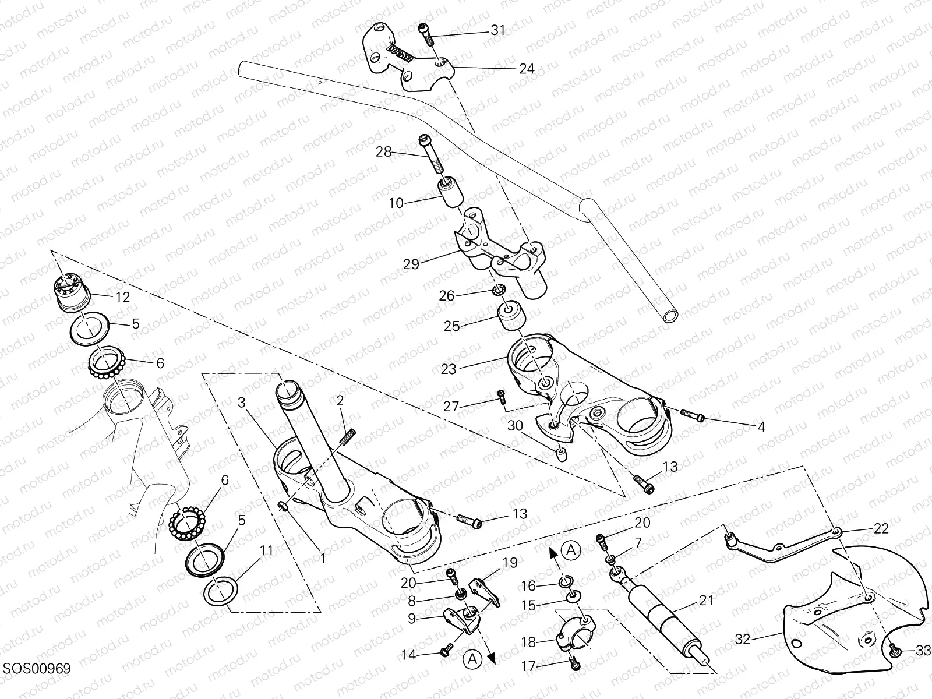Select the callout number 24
pyautogui.click(x=526, y=69)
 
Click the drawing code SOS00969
pyautogui.click(x=36, y=669)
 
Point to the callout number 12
pyautogui.click(x=122, y=297)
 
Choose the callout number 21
pyautogui.click(x=705, y=601)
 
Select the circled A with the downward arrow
pyautogui.click(x=472, y=659)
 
